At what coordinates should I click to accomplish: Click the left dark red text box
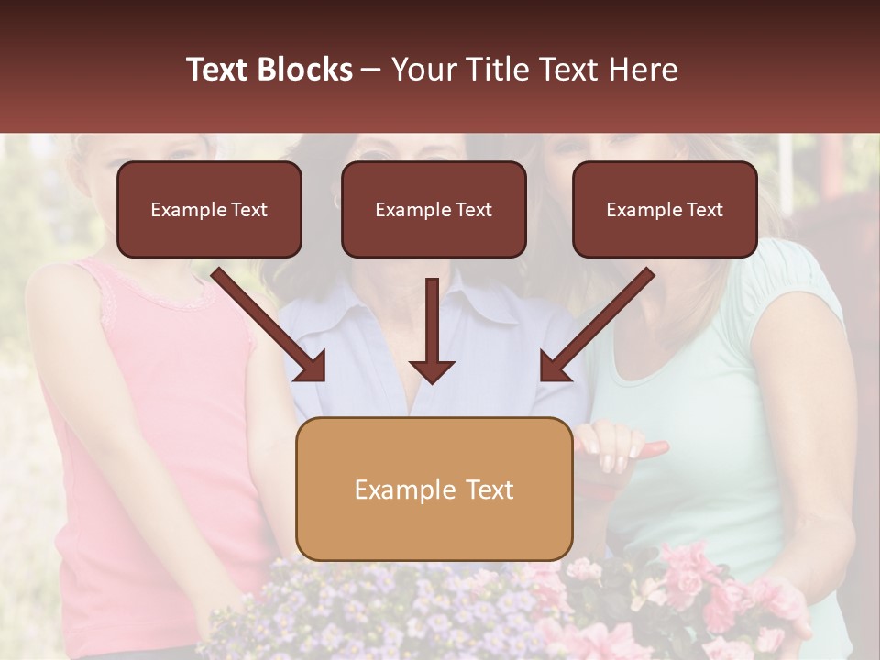(209, 209)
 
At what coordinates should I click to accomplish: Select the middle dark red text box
(434, 209)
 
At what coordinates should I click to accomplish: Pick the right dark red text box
(665, 209)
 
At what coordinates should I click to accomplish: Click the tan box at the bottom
(434, 489)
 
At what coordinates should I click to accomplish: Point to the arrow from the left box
(270, 325)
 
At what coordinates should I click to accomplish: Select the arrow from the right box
(596, 325)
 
